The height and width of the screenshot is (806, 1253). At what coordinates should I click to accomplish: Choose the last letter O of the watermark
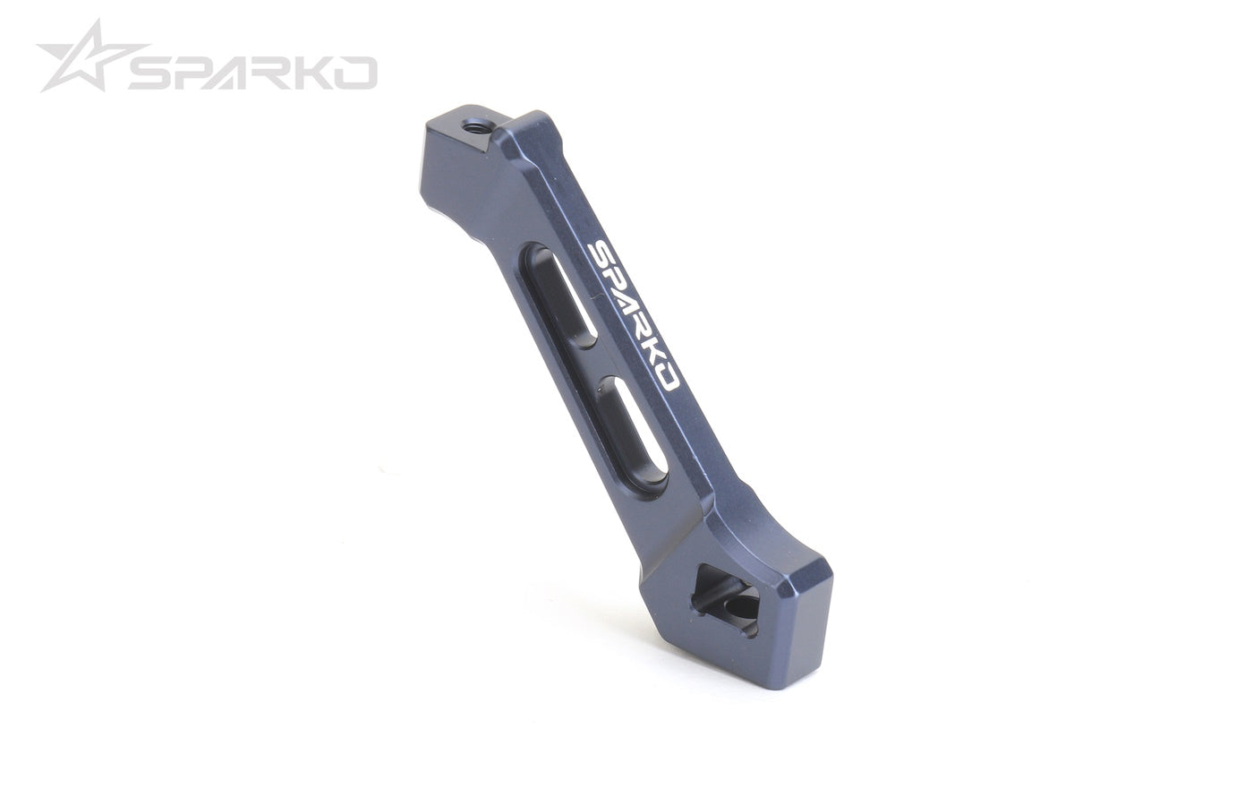click(358, 73)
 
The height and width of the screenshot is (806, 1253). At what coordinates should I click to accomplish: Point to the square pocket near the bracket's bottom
click(726, 600)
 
